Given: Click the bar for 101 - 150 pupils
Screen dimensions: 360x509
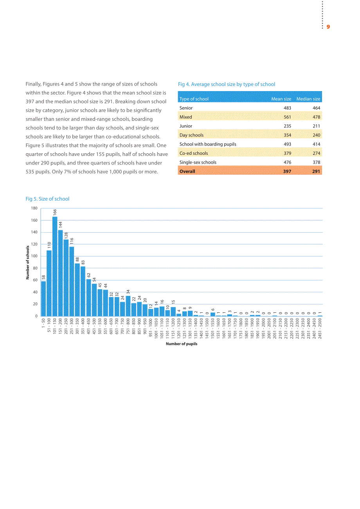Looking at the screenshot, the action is (55, 266).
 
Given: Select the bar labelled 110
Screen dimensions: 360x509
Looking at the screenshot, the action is (49, 283).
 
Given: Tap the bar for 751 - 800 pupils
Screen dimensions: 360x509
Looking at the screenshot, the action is (128, 306).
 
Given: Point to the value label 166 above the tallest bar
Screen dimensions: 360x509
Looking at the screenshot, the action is (55, 212).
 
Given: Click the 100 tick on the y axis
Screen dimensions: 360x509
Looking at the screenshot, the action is (34, 256).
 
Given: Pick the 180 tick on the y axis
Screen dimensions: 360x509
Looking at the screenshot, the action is (34, 208).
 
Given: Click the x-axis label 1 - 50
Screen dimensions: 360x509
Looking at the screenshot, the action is (43, 323).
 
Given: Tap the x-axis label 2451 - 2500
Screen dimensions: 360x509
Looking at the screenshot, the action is (320, 328).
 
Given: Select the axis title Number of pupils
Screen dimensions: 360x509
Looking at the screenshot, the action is (182, 344).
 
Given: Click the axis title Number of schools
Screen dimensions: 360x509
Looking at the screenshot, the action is (27, 262).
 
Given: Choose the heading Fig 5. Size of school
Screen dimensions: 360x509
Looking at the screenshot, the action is (47, 199).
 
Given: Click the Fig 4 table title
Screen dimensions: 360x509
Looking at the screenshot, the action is (226, 84).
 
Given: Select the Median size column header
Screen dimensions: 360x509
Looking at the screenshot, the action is (308, 99).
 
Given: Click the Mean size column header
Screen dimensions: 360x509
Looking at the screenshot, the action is (281, 99).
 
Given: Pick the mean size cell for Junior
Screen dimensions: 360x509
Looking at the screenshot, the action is (287, 126).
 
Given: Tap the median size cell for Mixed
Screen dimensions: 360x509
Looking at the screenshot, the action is (316, 117).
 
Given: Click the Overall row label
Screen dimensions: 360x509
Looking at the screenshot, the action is (187, 171).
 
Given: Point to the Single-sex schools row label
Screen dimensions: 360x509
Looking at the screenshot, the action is (198, 162).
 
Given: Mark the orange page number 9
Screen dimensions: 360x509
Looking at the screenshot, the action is (328, 27).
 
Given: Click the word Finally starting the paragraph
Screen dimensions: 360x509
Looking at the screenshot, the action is (33, 84).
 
